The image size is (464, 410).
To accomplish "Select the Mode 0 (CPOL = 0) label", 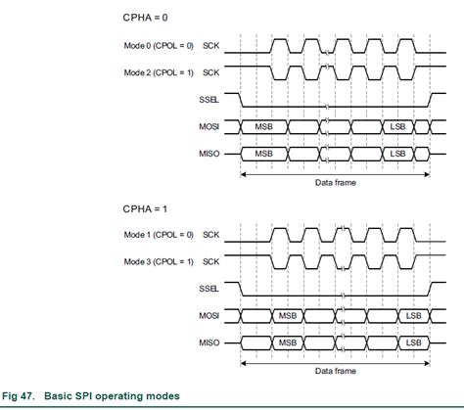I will [160, 46].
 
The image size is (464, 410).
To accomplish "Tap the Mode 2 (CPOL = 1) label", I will [160, 72].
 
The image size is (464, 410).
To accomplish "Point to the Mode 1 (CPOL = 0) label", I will [160, 236].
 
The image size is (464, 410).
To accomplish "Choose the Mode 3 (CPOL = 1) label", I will [160, 262].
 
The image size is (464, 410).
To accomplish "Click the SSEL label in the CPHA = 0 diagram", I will [209, 100].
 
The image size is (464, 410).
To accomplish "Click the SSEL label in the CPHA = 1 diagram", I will [209, 290].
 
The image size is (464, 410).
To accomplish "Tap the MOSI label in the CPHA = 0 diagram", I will [209, 127].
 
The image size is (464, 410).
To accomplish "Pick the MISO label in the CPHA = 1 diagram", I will [209, 343].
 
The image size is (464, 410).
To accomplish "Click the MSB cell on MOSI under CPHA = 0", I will [264, 127].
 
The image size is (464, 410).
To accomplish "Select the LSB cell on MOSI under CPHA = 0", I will [397, 127].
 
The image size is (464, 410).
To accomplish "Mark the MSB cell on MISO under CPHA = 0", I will [264, 154].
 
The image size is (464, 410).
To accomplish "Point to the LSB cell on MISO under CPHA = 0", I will [397, 154].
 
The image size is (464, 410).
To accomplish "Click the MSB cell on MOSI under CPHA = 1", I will [288, 316].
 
